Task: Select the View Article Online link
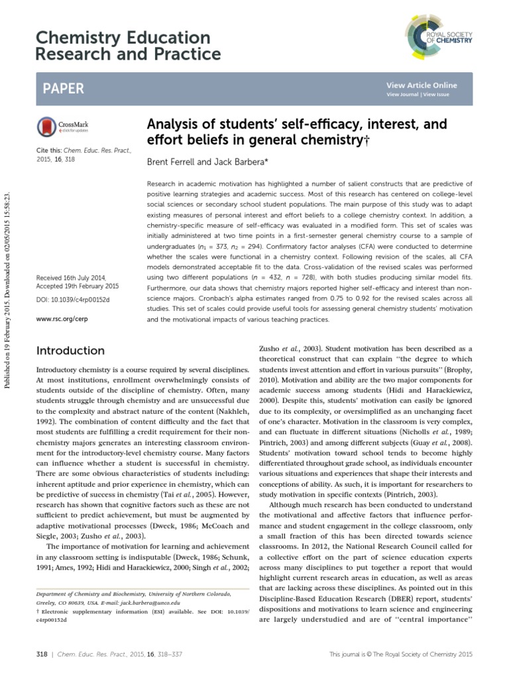click(x=422, y=86)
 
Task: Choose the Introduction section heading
click(x=70, y=351)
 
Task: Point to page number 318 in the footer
click(x=42, y=654)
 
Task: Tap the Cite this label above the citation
click(x=48, y=151)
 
